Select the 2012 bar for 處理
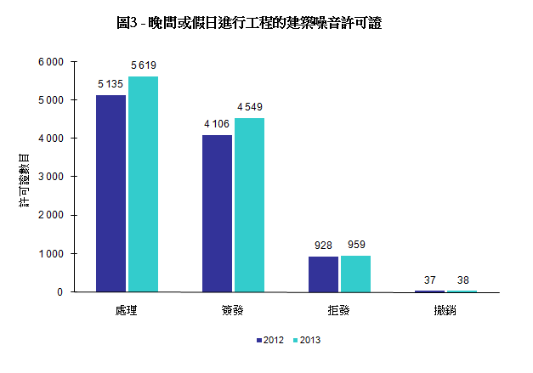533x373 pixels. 111,193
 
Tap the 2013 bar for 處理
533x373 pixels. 143,184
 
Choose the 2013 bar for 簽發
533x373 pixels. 249,204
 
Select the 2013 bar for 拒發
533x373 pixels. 355,273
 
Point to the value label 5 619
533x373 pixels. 143,65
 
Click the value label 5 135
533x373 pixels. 111,84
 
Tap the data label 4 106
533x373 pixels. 218,124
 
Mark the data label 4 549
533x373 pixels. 250,106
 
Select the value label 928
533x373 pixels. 323,246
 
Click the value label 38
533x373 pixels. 462,280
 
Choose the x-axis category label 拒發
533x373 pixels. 337,311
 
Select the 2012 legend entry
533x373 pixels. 269,340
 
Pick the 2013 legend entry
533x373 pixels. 306,340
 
